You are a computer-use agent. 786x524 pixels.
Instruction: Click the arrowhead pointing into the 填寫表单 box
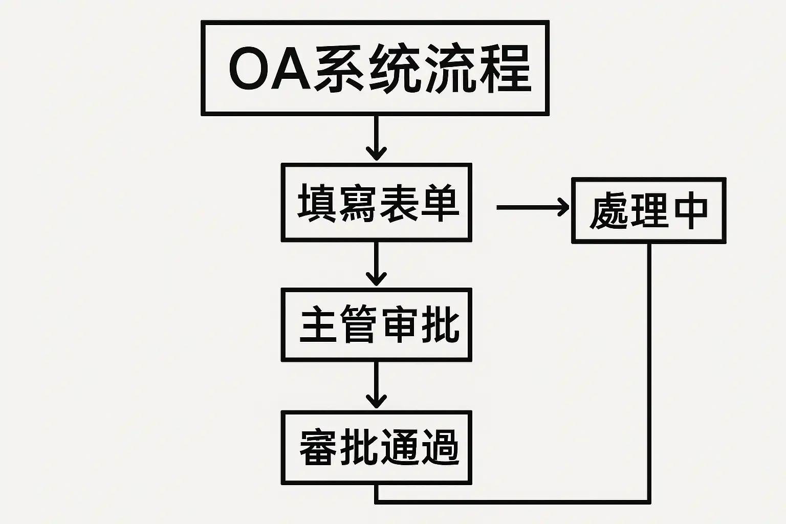tap(377, 152)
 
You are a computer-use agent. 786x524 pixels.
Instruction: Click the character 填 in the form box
tap(317, 203)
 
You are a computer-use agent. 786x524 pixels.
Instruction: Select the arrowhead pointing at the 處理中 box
tap(562, 207)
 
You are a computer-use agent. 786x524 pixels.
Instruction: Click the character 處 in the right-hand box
tap(608, 211)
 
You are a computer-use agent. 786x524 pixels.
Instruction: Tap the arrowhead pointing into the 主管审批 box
tap(377, 278)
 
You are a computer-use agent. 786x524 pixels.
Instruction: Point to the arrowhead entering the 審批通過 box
tap(377, 401)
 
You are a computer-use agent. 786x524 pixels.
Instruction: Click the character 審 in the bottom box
tap(318, 447)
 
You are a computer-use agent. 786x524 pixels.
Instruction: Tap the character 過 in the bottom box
tap(439, 447)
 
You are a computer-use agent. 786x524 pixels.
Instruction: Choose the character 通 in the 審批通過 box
tap(399, 447)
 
